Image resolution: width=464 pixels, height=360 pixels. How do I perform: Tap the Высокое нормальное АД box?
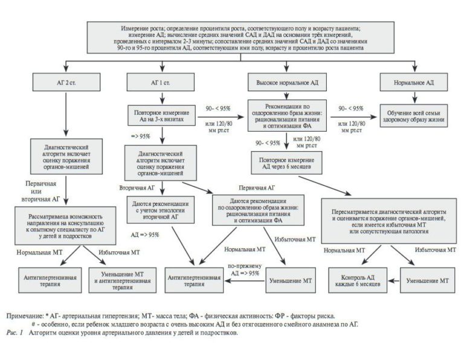pyautogui.click(x=287, y=82)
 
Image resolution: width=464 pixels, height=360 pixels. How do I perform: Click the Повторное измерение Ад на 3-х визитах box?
pyautogui.click(x=159, y=115)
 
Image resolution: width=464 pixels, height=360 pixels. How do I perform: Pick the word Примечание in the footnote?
pyautogui.click(x=27, y=315)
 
